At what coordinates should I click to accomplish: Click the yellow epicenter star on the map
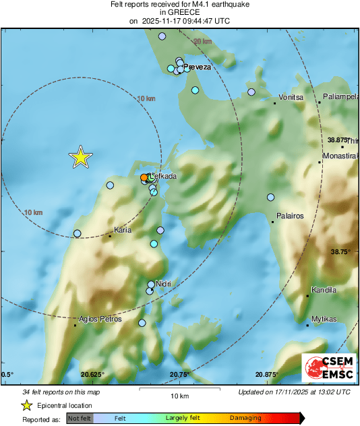click(80, 157)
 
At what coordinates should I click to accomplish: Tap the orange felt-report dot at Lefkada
click(144, 178)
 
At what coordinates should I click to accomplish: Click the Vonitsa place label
click(292, 98)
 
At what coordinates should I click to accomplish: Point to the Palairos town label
click(291, 216)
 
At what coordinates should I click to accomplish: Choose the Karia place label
click(123, 231)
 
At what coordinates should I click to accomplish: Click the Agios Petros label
click(100, 319)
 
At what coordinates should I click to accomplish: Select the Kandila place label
click(324, 291)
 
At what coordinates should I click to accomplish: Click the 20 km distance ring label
click(202, 42)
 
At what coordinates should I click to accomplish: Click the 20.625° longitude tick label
click(92, 374)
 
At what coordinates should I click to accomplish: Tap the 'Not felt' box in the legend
click(80, 418)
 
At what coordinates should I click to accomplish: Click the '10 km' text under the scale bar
click(179, 395)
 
